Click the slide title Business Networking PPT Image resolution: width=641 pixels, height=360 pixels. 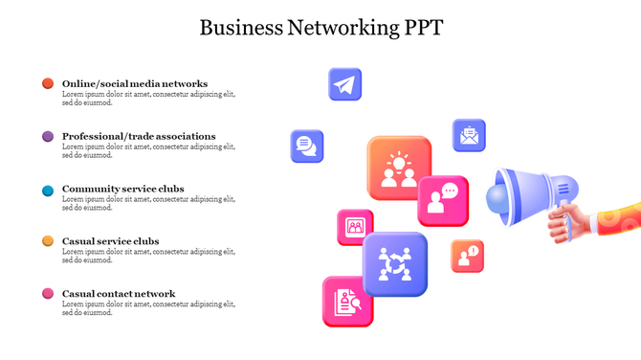click(x=320, y=27)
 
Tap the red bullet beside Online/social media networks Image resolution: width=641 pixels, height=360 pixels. click(x=48, y=83)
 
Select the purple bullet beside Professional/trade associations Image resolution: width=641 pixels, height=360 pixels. click(x=48, y=137)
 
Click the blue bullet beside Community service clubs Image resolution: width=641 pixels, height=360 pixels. click(x=48, y=190)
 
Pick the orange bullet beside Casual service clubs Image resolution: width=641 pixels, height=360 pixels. click(x=48, y=241)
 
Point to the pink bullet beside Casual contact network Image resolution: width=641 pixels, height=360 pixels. click(x=48, y=293)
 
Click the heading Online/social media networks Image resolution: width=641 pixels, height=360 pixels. click(x=135, y=83)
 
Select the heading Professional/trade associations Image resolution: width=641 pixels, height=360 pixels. click(x=139, y=137)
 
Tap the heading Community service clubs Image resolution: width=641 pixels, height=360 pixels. click(x=123, y=190)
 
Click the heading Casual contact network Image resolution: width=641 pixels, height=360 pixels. click(x=119, y=294)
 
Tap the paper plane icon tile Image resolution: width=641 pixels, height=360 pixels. click(x=344, y=84)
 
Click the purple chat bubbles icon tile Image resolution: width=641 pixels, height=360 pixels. click(x=307, y=146)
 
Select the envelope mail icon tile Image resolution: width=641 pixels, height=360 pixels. click(x=469, y=135)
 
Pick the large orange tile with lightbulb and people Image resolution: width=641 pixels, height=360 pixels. click(x=399, y=167)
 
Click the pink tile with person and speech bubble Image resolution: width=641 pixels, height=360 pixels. click(x=443, y=200)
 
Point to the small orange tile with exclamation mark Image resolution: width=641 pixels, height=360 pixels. click(x=468, y=256)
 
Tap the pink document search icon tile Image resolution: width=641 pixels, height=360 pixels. click(x=347, y=302)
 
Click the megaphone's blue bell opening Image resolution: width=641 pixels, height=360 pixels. click(x=503, y=197)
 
